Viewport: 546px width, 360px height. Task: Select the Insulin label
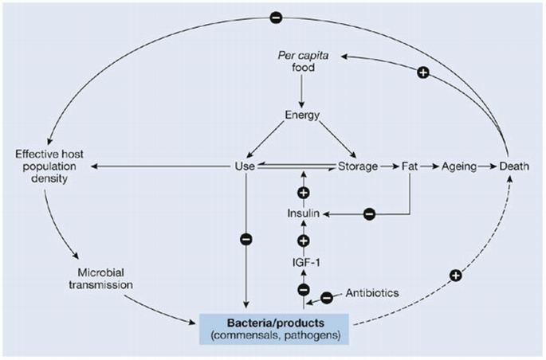click(x=304, y=214)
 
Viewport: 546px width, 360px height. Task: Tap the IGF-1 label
click(x=304, y=260)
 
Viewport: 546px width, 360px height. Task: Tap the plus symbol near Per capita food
click(x=423, y=72)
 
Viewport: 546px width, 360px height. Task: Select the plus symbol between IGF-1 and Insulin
click(x=304, y=240)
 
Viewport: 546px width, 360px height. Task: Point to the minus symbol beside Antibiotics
click(x=325, y=298)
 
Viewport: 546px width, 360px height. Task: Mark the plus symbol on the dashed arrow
click(x=456, y=276)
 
